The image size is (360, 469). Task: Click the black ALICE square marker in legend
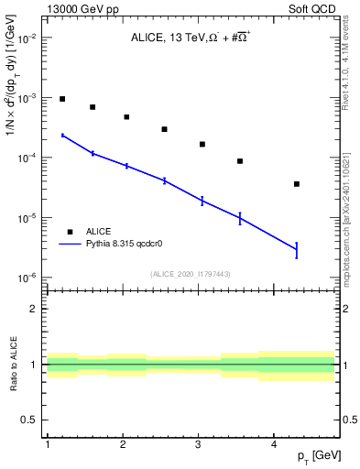pos(68,232)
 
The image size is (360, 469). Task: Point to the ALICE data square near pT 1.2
pos(62,99)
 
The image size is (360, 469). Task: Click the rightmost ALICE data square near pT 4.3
pos(297,184)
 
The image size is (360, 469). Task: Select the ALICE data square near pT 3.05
pos(202,145)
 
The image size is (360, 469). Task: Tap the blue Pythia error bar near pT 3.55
pos(240,218)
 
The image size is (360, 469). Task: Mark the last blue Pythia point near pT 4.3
pos(297,249)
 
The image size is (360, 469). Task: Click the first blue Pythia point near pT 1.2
pos(62,135)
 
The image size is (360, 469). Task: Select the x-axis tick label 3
pos(198,444)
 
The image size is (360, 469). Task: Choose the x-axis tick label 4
pos(274,444)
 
